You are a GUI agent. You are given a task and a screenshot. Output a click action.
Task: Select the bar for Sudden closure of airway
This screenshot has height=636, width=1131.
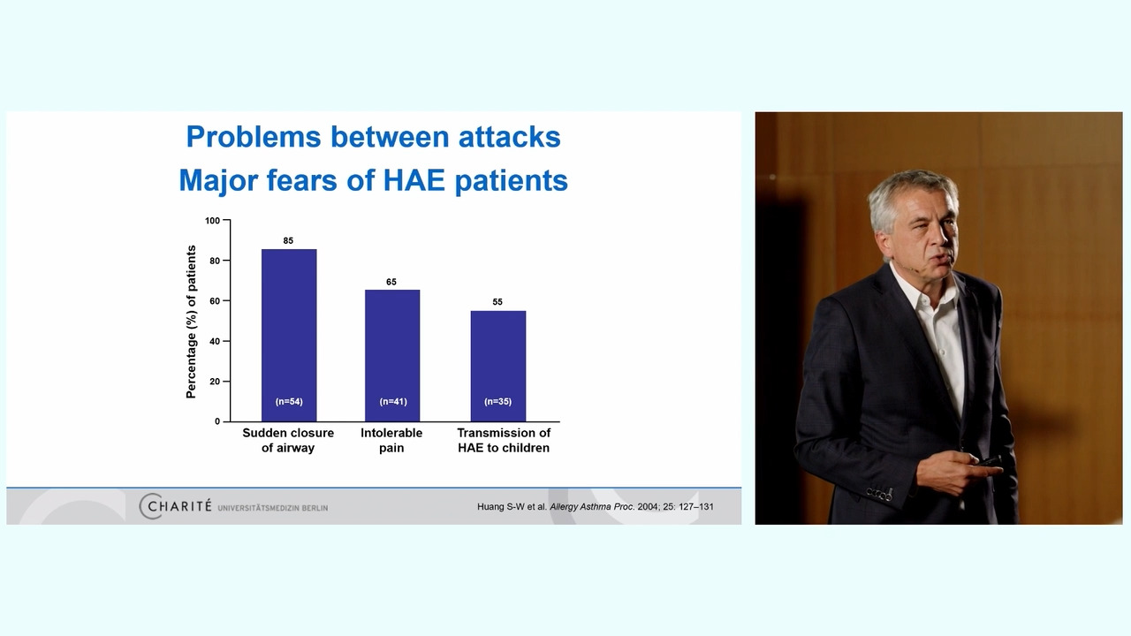click(x=289, y=335)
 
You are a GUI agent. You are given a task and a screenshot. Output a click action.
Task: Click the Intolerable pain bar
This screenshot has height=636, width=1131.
click(x=392, y=355)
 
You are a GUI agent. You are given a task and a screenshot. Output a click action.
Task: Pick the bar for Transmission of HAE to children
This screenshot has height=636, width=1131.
click(x=497, y=366)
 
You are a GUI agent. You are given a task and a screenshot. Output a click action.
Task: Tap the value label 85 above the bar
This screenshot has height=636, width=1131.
click(x=288, y=241)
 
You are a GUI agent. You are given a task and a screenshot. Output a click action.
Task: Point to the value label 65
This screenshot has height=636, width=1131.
click(x=391, y=282)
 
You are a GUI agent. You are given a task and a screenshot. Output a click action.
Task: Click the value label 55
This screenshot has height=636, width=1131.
click(x=497, y=302)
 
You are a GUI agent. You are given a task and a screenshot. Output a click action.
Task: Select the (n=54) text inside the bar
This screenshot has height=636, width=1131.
click(x=289, y=401)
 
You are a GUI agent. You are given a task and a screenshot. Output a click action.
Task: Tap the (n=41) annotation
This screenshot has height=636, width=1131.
click(x=393, y=401)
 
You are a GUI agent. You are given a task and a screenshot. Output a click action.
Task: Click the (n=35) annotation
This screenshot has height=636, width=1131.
click(x=497, y=401)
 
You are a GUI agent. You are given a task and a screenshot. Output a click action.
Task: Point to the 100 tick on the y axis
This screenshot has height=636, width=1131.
click(x=213, y=221)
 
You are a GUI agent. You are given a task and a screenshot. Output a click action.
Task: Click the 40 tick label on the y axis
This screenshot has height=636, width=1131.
click(x=215, y=341)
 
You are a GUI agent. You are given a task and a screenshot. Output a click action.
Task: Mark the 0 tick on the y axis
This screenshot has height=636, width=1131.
click(x=217, y=421)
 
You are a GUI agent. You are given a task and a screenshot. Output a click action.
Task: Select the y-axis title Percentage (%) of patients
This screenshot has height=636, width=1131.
click(x=191, y=322)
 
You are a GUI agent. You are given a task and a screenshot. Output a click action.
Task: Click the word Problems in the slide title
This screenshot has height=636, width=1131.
click(x=254, y=137)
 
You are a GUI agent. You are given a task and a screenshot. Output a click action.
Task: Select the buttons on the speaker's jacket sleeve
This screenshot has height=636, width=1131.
click(x=879, y=494)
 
